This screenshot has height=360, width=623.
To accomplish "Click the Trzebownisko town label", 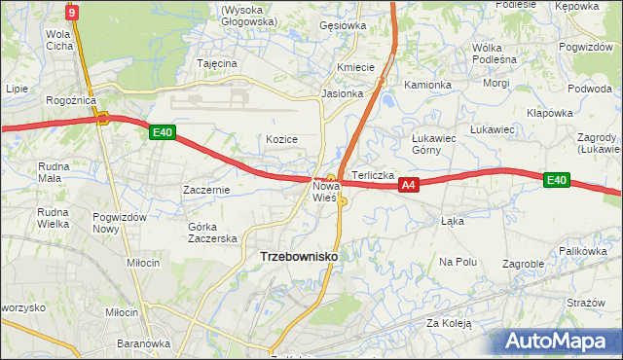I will point(299,256).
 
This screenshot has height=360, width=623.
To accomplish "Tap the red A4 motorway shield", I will point(409,185).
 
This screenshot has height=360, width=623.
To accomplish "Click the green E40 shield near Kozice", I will point(163,133).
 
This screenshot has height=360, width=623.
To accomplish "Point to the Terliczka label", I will point(373,175).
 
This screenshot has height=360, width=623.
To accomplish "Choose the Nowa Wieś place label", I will point(325,191).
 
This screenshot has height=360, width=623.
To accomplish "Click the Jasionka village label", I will point(343,94).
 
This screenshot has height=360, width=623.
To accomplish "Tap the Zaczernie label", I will point(206,190).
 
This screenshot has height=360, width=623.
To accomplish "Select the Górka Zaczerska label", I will point(212,233).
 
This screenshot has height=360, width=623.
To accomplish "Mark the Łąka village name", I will point(452,221).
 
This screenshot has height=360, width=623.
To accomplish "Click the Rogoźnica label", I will point(69,99).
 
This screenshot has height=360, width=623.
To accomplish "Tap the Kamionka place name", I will point(427,85).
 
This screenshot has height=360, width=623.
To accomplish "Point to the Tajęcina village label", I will point(217,63).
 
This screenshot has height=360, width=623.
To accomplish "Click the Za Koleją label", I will point(448,323).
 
